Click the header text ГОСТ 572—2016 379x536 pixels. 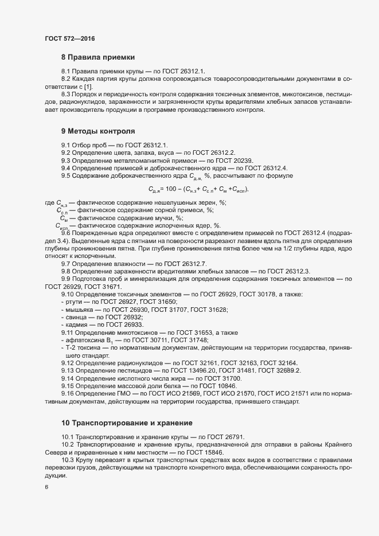tap(69, 38)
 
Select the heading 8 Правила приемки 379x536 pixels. tap(97, 57)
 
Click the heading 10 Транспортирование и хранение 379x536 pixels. tap(126, 423)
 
